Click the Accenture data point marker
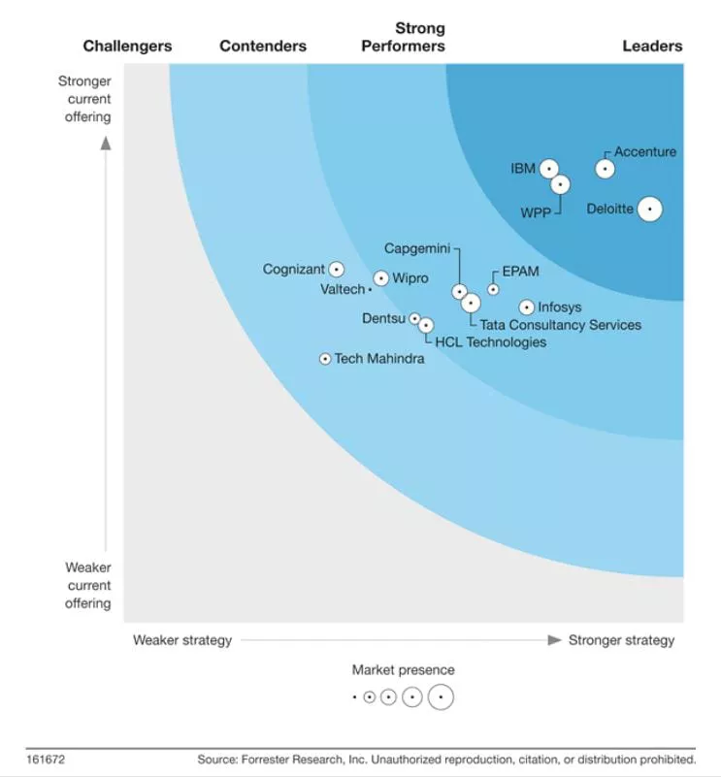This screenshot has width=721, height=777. [x=605, y=169]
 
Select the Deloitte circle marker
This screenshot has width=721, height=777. [x=649, y=209]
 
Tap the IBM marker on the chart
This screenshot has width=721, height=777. [x=549, y=169]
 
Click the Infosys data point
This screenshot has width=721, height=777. [x=527, y=308]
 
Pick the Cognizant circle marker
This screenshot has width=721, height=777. [x=336, y=270]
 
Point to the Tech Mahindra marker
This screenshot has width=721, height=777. [x=325, y=359]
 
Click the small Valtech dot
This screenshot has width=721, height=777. [x=370, y=289]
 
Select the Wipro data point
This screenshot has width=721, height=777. [x=381, y=278]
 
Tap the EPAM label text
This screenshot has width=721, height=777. [x=520, y=272]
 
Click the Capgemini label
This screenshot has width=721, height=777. [x=417, y=248]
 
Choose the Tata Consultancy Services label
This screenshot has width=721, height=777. [x=560, y=325]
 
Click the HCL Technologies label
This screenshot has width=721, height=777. [x=490, y=341]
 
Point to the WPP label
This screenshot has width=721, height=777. [x=536, y=212]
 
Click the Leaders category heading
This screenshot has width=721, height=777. [x=652, y=46]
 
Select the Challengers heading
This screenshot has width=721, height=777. [x=127, y=46]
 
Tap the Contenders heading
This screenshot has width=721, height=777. [x=263, y=46]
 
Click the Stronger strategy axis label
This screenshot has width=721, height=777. [x=621, y=640]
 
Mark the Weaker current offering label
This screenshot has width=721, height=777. [x=88, y=585]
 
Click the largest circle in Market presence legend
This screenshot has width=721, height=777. [x=441, y=696]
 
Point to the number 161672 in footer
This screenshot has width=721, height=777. [x=46, y=760]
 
